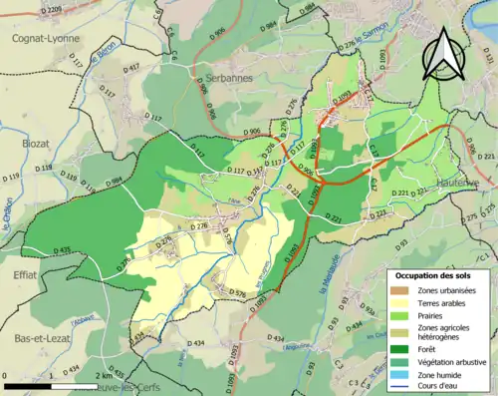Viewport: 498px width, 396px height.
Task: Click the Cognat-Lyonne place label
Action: pos(46,37)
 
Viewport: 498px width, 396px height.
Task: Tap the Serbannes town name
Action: pos(224,77)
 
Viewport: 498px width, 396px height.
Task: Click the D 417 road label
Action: pos(131,68)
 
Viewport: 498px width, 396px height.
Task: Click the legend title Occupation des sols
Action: pos(434,273)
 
